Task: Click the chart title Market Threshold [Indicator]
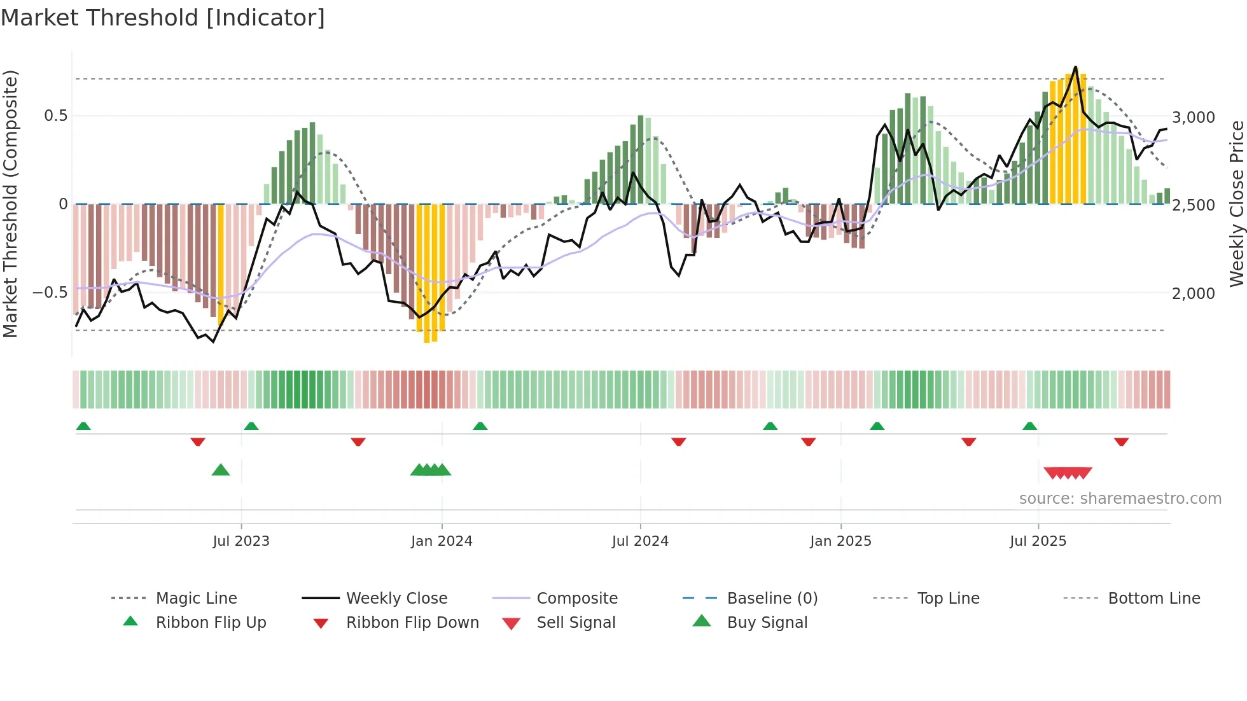tap(163, 18)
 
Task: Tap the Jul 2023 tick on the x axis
tap(241, 541)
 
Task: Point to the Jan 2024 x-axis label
tap(442, 541)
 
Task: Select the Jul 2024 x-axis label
tap(640, 541)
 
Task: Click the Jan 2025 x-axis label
tap(840, 541)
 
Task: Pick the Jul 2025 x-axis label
tap(1038, 541)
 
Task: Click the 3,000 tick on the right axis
tap(1194, 118)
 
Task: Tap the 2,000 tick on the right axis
tap(1194, 294)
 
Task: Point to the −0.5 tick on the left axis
tap(50, 293)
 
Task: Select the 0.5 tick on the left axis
tap(55, 116)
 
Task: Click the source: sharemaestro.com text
tap(1120, 499)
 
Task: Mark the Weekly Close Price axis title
tap(1236, 204)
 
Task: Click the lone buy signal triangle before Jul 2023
tap(221, 471)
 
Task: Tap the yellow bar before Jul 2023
tap(221, 265)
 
